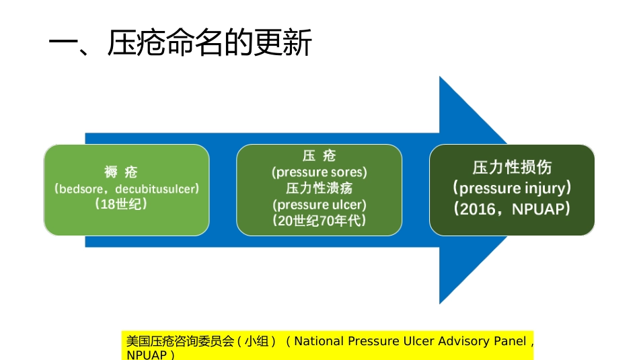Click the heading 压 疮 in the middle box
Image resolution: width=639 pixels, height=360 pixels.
point(319,156)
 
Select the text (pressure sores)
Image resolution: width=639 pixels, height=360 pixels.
point(319,172)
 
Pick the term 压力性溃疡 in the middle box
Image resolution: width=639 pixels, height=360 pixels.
point(319,188)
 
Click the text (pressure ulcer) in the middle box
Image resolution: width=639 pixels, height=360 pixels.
point(319,205)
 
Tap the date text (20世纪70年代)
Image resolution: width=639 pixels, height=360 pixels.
point(319,220)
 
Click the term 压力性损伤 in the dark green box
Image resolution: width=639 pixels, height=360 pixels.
point(512,167)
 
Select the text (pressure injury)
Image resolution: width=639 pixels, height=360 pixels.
point(512,188)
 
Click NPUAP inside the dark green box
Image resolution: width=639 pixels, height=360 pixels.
point(537,209)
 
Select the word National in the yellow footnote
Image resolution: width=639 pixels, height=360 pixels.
point(319,341)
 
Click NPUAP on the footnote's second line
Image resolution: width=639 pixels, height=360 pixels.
point(146,355)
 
